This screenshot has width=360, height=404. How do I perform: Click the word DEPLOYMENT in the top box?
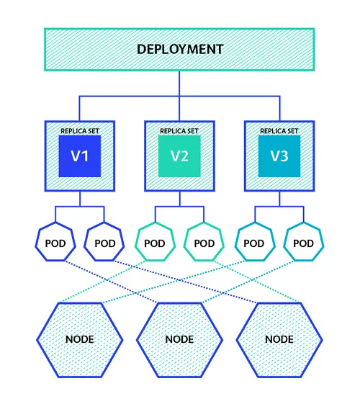[x=180, y=50]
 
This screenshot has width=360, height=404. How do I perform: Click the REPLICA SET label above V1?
[x=79, y=131]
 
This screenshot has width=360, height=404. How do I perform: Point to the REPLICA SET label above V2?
[x=179, y=131]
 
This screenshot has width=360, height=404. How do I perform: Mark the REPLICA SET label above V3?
[x=279, y=131]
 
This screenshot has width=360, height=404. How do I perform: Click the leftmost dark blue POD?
[x=55, y=243]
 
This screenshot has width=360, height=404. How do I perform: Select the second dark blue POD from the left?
[x=104, y=243]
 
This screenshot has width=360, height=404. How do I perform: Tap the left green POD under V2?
[x=154, y=243]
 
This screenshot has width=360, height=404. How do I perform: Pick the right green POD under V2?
[x=204, y=243]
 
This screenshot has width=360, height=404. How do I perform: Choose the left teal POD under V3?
[x=253, y=243]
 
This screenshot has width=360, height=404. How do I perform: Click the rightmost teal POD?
[x=303, y=243]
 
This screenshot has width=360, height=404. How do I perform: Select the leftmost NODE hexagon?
[x=79, y=338]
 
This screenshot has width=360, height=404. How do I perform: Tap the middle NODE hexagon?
[x=179, y=338]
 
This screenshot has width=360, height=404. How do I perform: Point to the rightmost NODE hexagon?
[x=279, y=338]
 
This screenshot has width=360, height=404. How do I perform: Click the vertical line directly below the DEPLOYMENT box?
[x=179, y=83]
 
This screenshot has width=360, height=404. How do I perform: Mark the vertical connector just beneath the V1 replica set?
[x=79, y=199]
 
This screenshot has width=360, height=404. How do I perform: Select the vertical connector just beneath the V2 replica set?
[x=179, y=199]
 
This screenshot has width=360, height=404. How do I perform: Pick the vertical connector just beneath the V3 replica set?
[x=279, y=199]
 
